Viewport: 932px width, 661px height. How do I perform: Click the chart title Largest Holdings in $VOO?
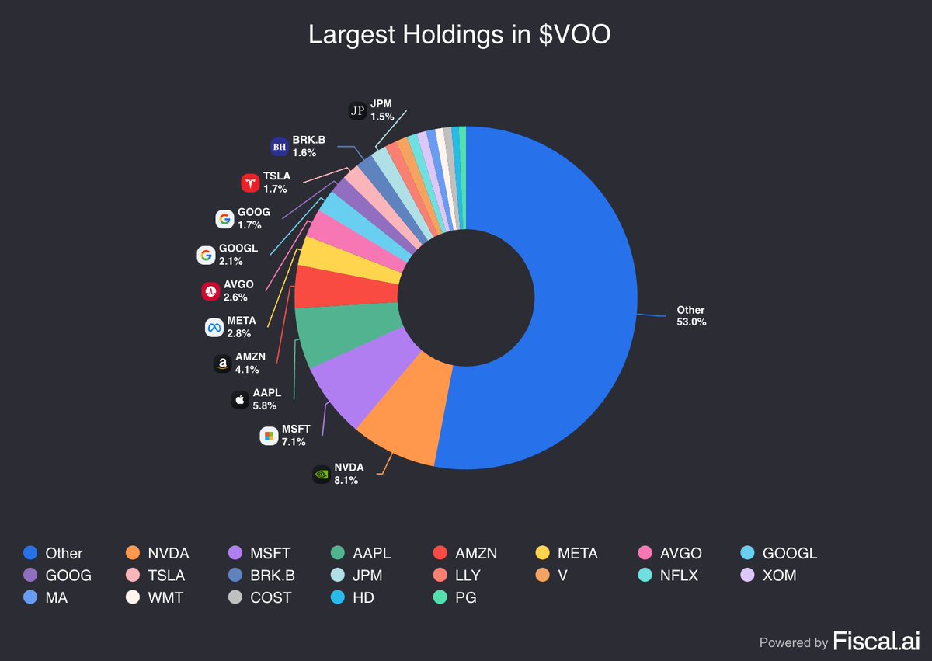[459, 35]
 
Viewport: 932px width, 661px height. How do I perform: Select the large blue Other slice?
[575, 295]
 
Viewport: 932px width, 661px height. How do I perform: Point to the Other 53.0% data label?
[690, 316]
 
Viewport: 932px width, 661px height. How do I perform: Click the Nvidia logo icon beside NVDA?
[322, 474]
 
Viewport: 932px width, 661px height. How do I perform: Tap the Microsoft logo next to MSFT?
[269, 436]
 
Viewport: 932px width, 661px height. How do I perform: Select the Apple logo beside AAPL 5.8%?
[240, 400]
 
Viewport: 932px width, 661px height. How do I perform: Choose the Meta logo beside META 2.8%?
[214, 327]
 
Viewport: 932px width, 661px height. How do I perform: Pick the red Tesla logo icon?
[250, 183]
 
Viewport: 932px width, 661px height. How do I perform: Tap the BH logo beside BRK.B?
[280, 146]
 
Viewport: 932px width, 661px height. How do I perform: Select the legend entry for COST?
[259, 597]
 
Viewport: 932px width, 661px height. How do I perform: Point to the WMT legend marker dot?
[133, 597]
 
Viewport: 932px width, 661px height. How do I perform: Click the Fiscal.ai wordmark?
[876, 642]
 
